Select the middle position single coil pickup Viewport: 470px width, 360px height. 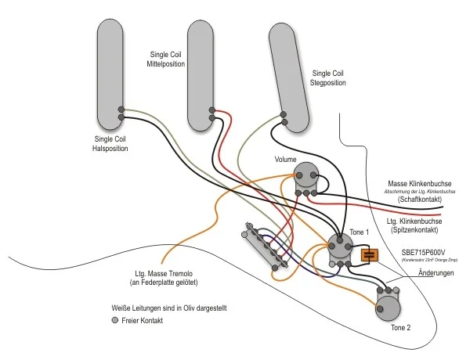[201, 70]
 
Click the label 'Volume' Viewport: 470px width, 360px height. [285, 160]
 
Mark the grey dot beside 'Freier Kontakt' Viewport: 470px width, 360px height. [114, 321]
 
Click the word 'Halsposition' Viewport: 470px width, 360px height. [109, 148]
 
